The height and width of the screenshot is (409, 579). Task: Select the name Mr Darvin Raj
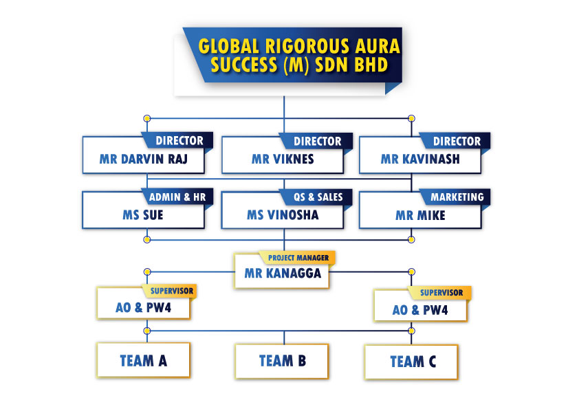point(143,159)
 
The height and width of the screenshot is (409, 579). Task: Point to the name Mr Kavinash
point(420,159)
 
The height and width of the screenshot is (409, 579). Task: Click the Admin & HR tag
point(177,197)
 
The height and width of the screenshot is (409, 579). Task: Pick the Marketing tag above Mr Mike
point(457,197)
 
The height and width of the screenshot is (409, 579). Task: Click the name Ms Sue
point(143,215)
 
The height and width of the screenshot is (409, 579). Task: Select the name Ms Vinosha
point(283,215)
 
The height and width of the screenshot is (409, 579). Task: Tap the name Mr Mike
point(420,215)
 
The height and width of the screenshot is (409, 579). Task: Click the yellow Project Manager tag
point(298,258)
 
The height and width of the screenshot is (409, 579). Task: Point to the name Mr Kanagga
point(283,273)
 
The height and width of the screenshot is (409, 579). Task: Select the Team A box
point(144,360)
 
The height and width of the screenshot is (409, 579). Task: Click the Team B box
point(282,361)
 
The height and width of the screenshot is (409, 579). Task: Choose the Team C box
point(411,362)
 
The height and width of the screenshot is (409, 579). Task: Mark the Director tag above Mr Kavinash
point(456,141)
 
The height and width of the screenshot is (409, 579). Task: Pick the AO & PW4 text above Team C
point(420,310)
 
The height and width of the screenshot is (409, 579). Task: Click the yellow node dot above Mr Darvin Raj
point(147,118)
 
